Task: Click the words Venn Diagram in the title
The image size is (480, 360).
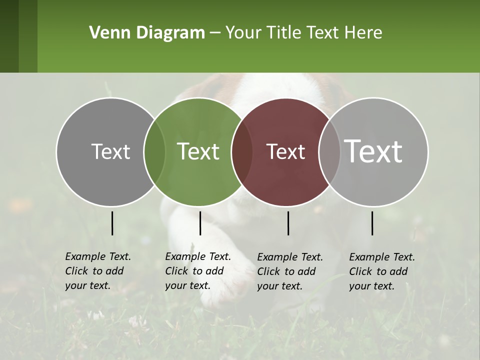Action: coord(147,33)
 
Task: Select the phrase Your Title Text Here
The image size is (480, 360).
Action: coord(304,33)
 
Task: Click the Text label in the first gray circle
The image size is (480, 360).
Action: coord(110,152)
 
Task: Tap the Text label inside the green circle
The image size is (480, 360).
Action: coord(198,152)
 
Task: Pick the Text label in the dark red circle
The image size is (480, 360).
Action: coord(286,152)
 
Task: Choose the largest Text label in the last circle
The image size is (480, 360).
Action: coord(373,151)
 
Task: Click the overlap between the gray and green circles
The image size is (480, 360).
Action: coord(154,152)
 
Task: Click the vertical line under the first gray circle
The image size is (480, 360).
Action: coord(112,223)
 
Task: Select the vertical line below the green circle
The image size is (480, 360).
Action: coord(200,223)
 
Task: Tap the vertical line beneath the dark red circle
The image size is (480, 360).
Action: coord(288,223)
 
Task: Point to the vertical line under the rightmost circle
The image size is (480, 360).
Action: coord(372,223)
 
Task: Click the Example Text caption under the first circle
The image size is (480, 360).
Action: coord(98,271)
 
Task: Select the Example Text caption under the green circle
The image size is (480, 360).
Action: coord(198,271)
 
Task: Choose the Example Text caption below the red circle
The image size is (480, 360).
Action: coord(290,271)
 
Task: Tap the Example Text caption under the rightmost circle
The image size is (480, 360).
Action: coord(382,271)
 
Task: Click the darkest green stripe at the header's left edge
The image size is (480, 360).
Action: coord(9,36)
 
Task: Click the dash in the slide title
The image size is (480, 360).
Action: coord(215,33)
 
